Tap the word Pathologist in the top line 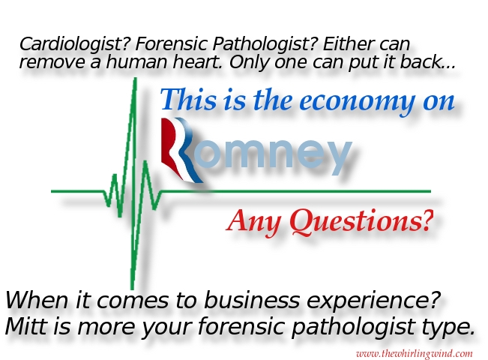click(265, 44)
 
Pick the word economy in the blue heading click(357, 101)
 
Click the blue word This click(189, 99)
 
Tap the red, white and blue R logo click(180, 150)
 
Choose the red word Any click(254, 222)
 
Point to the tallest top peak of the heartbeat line click(135, 78)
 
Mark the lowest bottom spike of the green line click(132, 289)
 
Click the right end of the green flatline click(430, 191)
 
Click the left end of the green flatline click(52, 191)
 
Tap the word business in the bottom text click(252, 299)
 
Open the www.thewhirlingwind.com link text click(415, 354)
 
